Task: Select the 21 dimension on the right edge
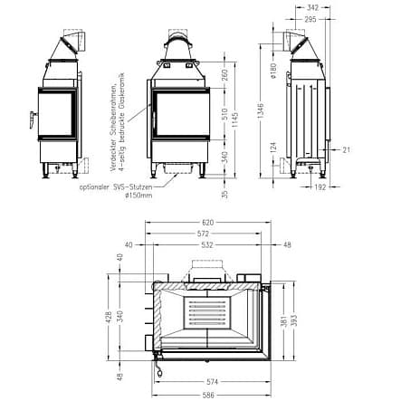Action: click(x=347, y=150)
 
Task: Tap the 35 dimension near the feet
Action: click(x=224, y=192)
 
